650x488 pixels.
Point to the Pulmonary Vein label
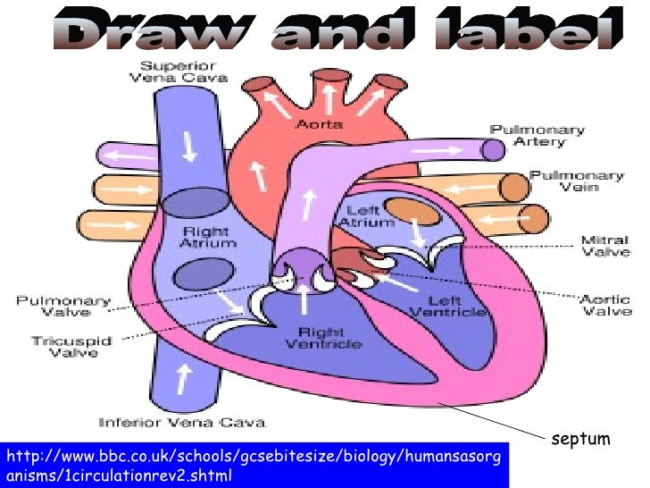click(577, 181)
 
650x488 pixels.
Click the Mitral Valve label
click(606, 246)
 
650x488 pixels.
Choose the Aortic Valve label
click(606, 305)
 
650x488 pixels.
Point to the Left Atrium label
click(366, 217)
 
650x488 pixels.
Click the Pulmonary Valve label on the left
click(62, 307)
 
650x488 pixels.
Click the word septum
click(580, 439)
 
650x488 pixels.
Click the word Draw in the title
click(137, 33)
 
